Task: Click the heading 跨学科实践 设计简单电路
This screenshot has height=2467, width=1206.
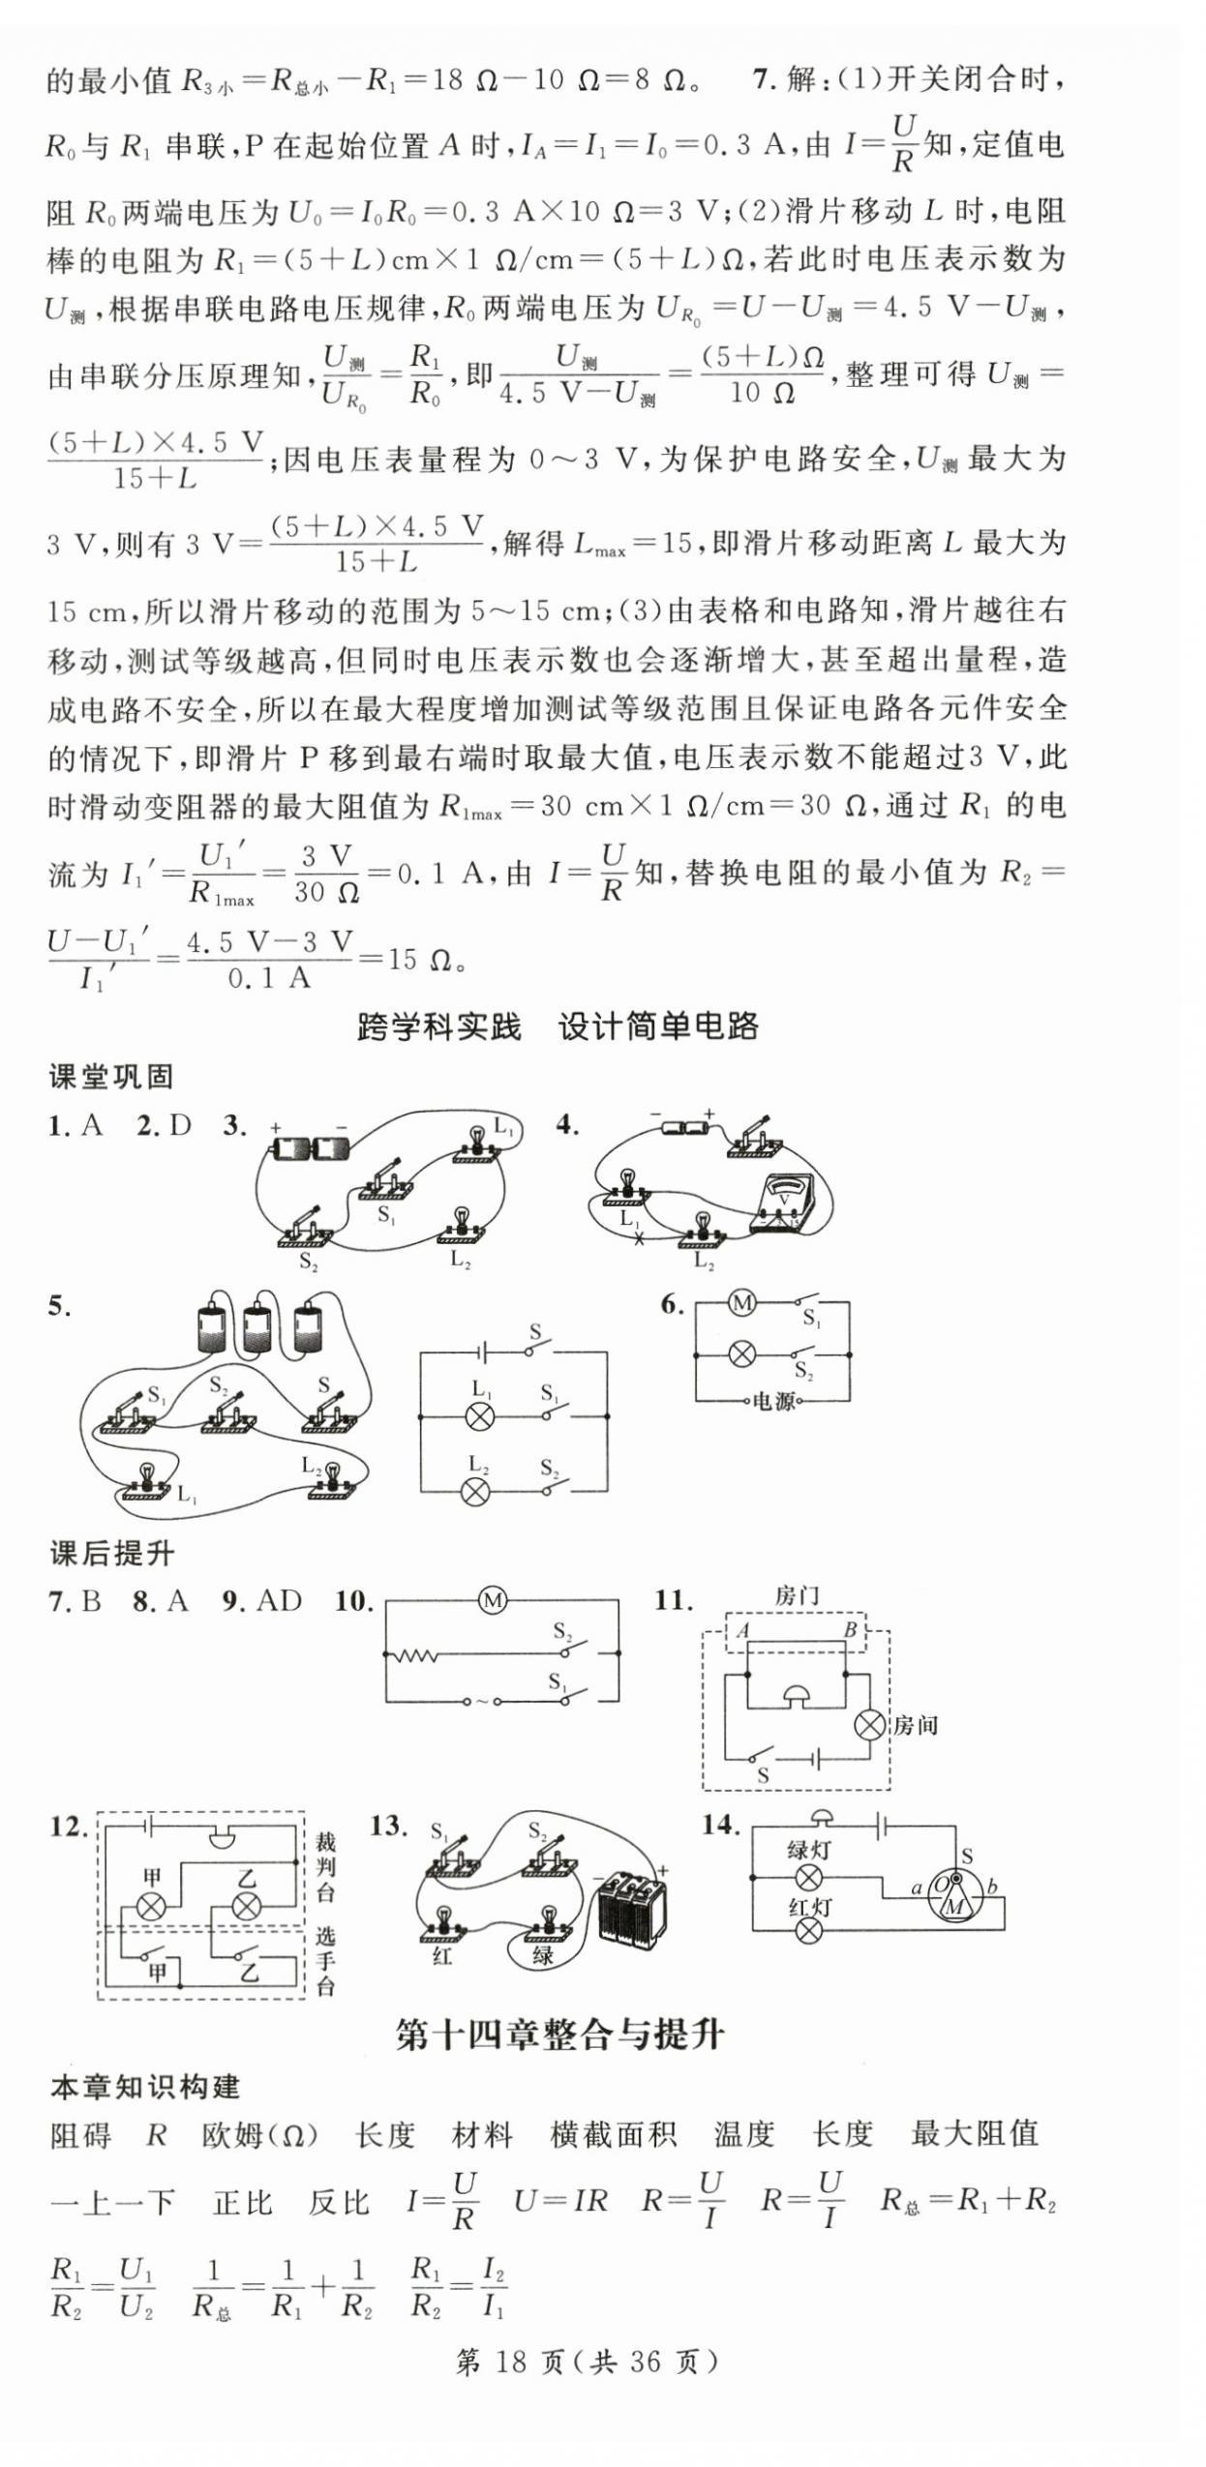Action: (x=558, y=1026)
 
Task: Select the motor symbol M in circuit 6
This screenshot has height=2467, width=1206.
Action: (x=742, y=1304)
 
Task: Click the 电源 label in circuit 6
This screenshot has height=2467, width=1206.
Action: (x=773, y=1401)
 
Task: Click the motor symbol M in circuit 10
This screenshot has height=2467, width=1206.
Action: (x=493, y=1602)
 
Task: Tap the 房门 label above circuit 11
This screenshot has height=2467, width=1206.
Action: (x=797, y=1597)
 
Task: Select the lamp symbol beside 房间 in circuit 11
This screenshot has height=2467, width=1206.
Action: (x=870, y=1725)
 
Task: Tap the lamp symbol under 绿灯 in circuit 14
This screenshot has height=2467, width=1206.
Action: (x=808, y=1878)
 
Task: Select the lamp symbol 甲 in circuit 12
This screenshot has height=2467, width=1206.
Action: (x=152, y=1907)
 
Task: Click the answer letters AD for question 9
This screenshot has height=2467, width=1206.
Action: (x=277, y=1602)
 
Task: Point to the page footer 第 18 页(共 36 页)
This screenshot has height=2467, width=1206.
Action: (x=587, y=2362)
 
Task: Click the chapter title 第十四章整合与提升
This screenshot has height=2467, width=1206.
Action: (x=559, y=2035)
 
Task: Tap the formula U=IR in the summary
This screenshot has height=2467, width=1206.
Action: (x=560, y=2202)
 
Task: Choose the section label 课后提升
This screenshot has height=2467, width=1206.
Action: (x=111, y=1554)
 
